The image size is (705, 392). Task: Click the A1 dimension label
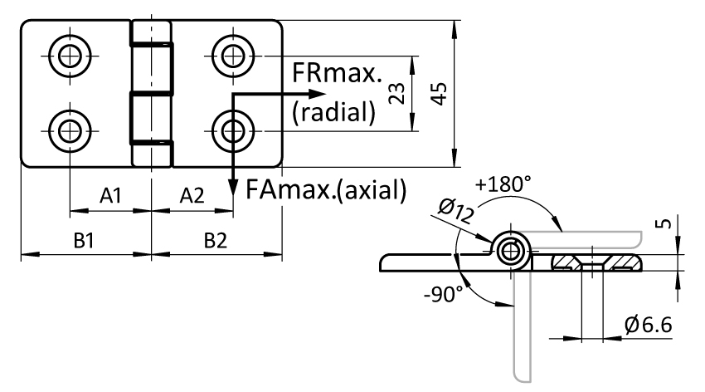[x=110, y=196]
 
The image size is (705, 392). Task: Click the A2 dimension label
[x=192, y=196]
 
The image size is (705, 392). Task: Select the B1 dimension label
[x=84, y=241]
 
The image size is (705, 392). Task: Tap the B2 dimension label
[x=216, y=241]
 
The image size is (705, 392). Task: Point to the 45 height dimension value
[x=440, y=94]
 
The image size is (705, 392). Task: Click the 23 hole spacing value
[x=396, y=94]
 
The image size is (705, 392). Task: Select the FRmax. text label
[x=337, y=72]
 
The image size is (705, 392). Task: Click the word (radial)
[x=333, y=111]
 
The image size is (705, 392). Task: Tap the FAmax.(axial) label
[x=326, y=189]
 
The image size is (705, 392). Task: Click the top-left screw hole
[x=70, y=56]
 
